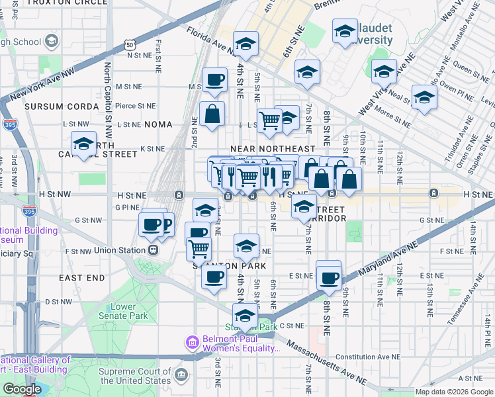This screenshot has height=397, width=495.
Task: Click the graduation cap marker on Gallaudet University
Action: tap(344, 32)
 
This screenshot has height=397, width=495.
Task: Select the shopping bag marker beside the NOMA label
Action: tap(214, 113)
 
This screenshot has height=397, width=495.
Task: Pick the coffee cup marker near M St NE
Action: tap(214, 81)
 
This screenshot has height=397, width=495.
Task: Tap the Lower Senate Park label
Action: tap(123, 311)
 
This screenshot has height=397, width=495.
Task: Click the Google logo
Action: tap(22, 389)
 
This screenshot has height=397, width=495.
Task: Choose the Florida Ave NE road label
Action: tap(210, 40)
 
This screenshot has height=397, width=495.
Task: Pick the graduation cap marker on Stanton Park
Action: tap(245, 316)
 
